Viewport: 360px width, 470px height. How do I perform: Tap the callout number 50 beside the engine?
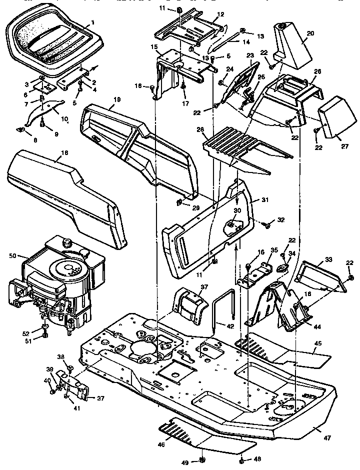coord(13,255)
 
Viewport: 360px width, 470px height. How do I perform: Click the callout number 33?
coord(327,259)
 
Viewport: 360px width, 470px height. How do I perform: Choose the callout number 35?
coord(273,249)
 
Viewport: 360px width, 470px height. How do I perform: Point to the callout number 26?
coord(317,71)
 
